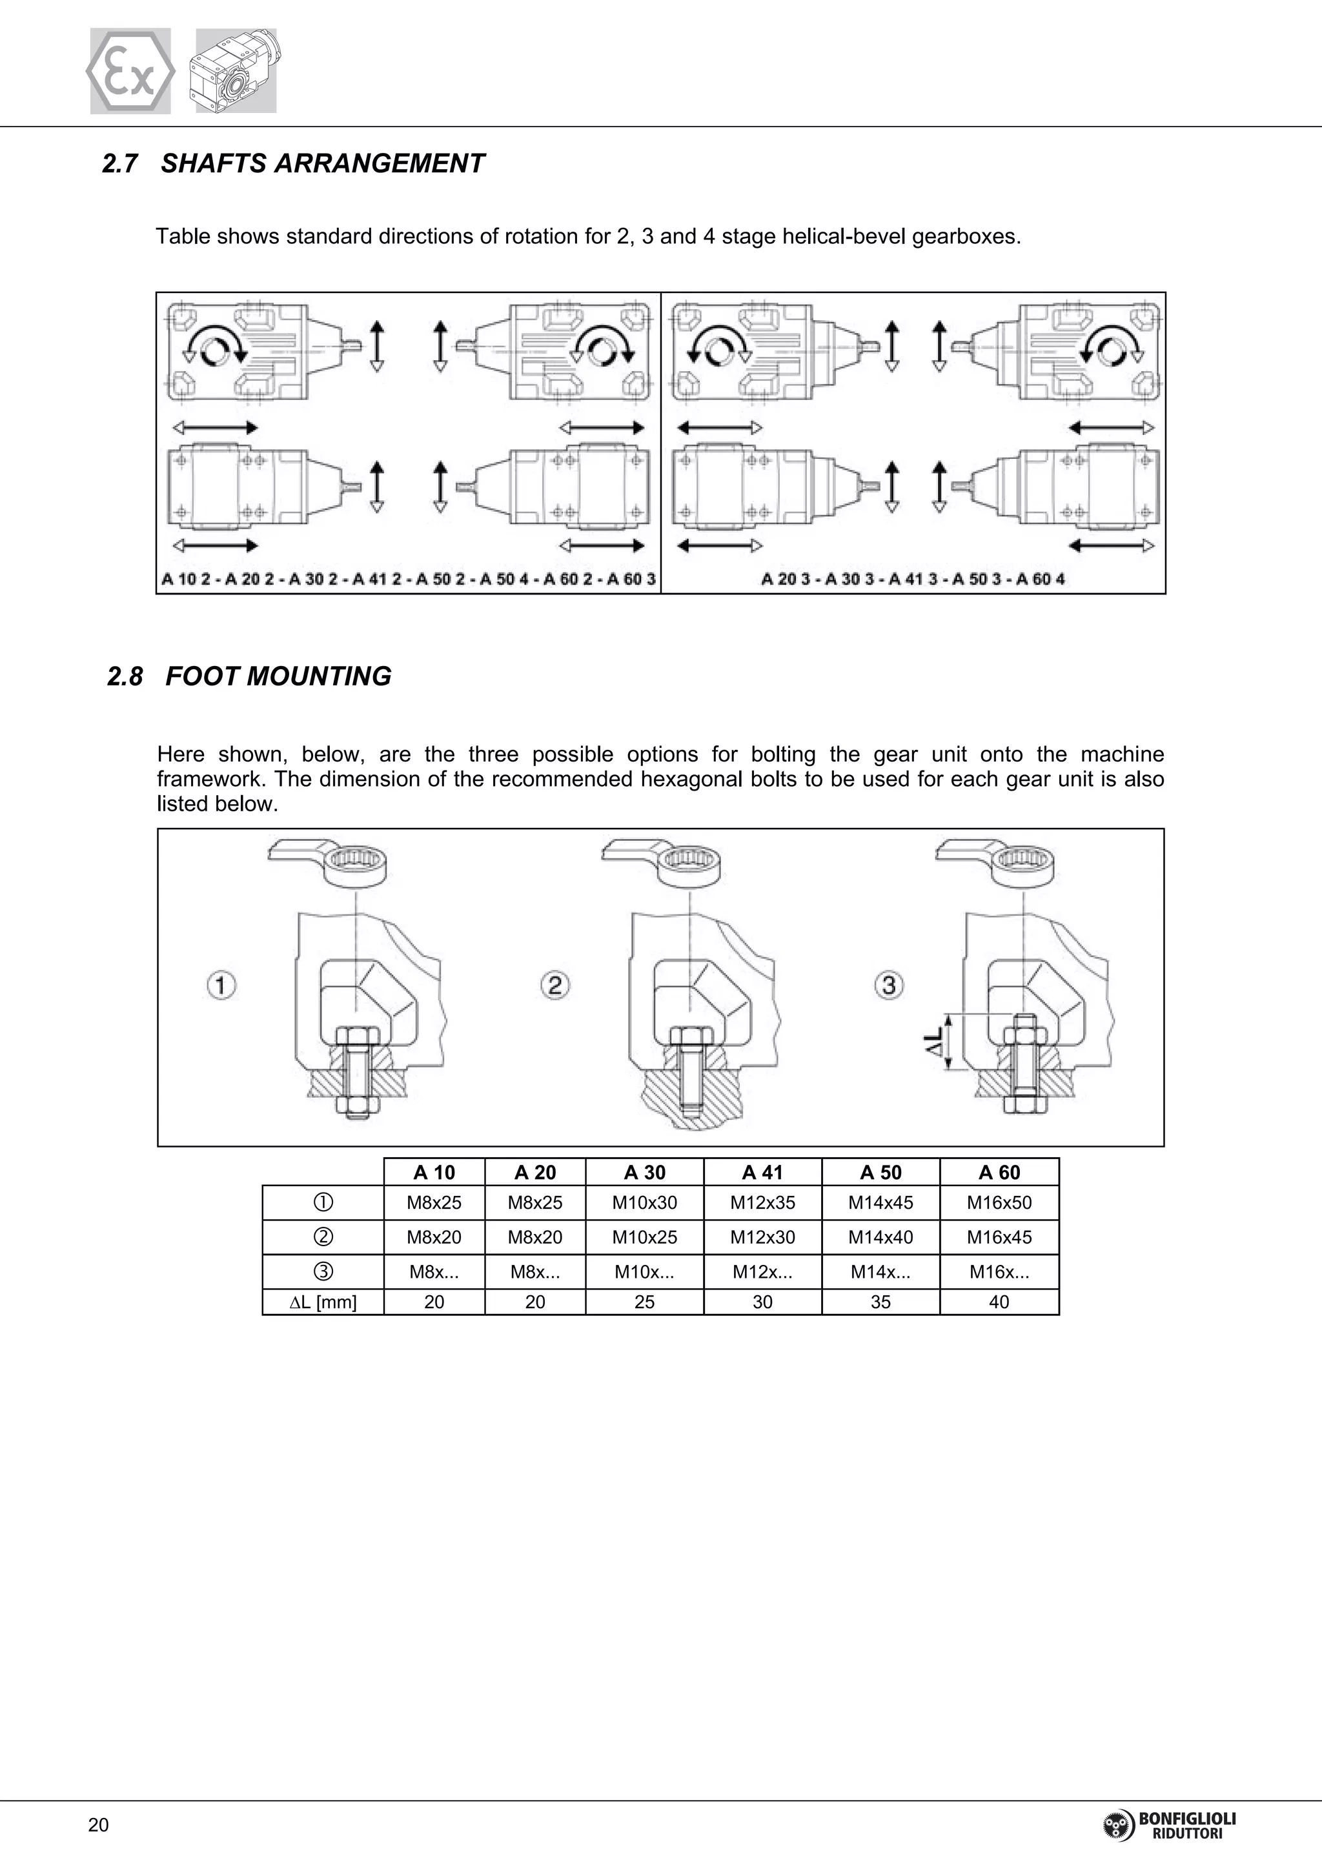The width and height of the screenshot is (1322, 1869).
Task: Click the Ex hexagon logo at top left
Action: point(130,72)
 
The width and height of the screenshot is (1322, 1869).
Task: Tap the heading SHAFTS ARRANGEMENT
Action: point(321,164)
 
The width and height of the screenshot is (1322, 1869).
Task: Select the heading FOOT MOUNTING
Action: point(278,676)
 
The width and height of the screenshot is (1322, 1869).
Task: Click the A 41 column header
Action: point(762,1172)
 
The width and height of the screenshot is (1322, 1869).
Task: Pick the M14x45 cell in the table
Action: point(880,1202)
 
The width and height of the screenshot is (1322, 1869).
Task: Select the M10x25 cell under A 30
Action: point(644,1237)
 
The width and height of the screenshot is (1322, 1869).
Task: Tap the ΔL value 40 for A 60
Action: point(999,1302)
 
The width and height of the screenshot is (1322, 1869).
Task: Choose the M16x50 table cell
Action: point(999,1202)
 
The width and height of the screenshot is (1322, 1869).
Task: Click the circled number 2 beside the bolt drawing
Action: point(554,985)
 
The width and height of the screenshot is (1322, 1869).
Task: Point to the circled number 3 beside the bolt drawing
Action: point(889,985)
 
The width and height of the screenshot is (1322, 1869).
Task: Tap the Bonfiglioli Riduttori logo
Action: point(1169,1825)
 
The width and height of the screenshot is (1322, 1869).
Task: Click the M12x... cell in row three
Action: point(762,1272)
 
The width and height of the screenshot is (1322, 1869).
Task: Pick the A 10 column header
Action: point(434,1172)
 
